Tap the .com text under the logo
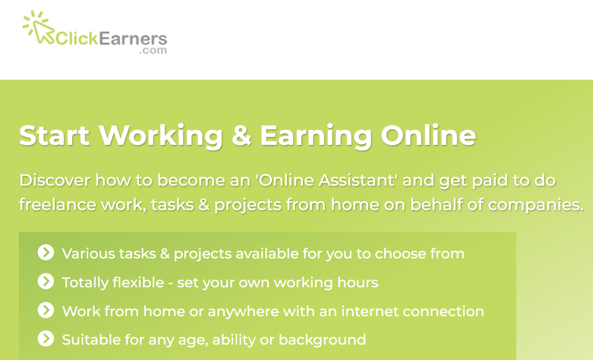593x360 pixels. point(153,50)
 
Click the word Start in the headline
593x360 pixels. point(54,135)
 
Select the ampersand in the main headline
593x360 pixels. point(242,135)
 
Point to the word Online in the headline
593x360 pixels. point(428,135)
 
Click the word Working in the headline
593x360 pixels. point(160,136)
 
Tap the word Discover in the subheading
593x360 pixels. point(55,180)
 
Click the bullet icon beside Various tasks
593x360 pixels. point(45,253)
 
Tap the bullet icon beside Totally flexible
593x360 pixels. point(45,282)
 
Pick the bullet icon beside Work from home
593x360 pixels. point(45,311)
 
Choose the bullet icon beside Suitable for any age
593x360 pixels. point(45,340)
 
